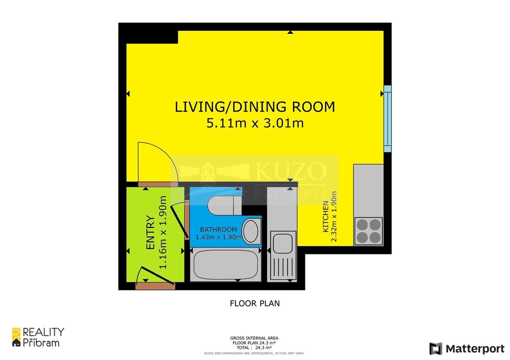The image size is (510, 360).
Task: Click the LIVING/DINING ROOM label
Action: (255, 107)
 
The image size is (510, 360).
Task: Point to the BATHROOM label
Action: (218, 230)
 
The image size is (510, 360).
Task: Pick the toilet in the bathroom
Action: (224, 204)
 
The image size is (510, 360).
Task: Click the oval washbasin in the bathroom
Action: (251, 231)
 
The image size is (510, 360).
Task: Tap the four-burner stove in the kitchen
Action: (369, 231)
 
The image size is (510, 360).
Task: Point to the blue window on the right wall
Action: (387, 119)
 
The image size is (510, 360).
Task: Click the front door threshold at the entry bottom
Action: (155, 286)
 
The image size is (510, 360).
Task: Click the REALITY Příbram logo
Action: (38, 337)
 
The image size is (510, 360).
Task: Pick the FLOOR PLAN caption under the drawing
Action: (255, 303)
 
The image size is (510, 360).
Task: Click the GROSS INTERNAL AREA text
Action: (255, 337)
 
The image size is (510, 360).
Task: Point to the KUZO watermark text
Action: (291, 172)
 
